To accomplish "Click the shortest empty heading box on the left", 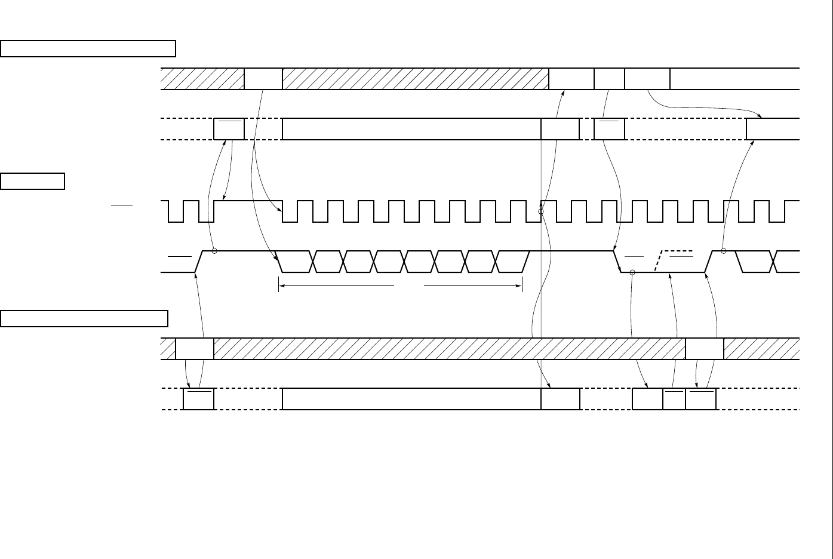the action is tap(33, 181).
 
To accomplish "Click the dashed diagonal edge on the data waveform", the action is tap(659, 261).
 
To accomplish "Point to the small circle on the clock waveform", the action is tap(541, 211).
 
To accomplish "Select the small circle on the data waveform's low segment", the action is tap(632, 272).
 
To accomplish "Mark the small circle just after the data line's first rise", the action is tap(214, 251).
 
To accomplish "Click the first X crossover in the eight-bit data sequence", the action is tap(313, 262).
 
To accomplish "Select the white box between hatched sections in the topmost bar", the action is tap(263, 79).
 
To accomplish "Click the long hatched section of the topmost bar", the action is tap(415, 79).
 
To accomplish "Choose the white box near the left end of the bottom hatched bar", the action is tap(195, 349).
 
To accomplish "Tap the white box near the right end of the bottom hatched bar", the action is tap(705, 349).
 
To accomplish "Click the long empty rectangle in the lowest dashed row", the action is tap(411, 399).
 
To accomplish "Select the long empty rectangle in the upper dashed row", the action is tap(411, 129).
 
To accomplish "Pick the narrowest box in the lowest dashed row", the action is tap(674, 399).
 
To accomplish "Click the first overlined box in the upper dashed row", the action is tap(229, 129).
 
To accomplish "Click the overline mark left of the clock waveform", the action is tap(121, 205).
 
